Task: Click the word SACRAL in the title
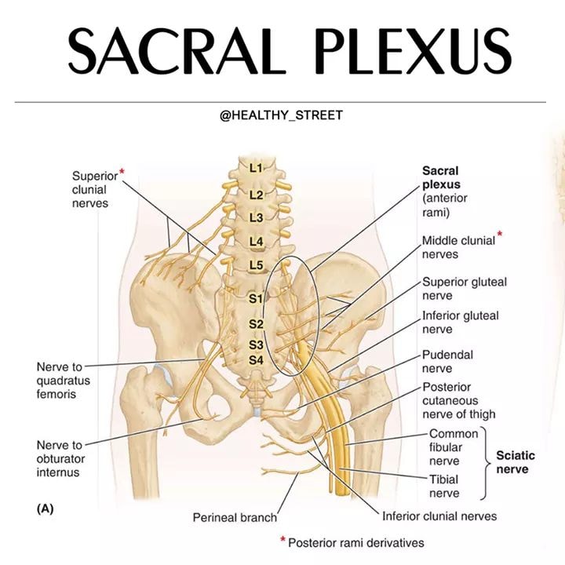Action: (x=177, y=51)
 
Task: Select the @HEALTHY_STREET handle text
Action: (x=281, y=115)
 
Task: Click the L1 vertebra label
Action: (x=256, y=168)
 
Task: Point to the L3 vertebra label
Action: (x=256, y=217)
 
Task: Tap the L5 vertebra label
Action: (x=256, y=265)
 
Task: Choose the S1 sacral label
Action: (x=256, y=298)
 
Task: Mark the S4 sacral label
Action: (x=256, y=360)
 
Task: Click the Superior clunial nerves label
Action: (x=95, y=190)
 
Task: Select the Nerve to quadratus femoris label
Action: (x=63, y=381)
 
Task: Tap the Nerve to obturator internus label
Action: (x=60, y=459)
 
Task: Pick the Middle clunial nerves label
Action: (x=459, y=247)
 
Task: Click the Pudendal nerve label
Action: (x=447, y=362)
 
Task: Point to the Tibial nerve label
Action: (x=444, y=486)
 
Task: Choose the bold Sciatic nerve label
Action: (x=516, y=462)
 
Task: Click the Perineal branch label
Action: (x=235, y=517)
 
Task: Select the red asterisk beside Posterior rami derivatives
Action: (x=282, y=539)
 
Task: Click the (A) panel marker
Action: (x=45, y=508)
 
